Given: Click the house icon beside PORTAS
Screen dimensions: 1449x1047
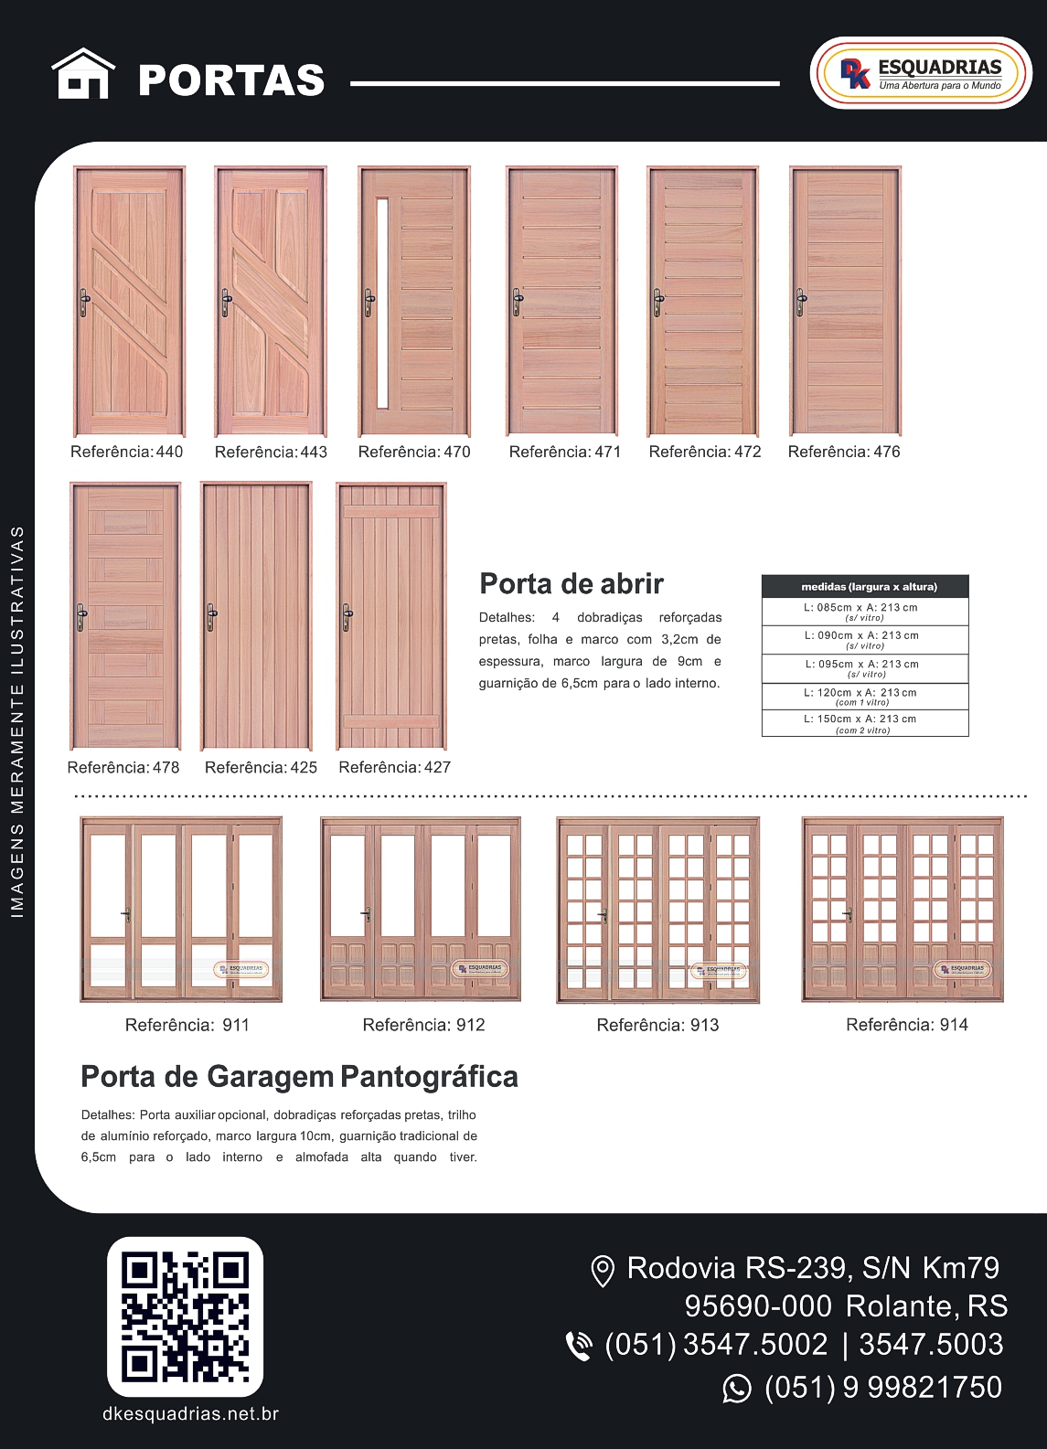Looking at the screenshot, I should pos(83,74).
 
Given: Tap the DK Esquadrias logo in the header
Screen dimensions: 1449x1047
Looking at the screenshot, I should pos(920,73).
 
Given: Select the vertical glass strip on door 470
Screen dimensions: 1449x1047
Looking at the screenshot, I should pos(382,302).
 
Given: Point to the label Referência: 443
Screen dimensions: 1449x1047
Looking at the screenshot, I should pos(271,452).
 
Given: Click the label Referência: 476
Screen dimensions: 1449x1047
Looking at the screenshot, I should pos(844,452).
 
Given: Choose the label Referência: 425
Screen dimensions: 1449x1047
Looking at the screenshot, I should pos(261,767).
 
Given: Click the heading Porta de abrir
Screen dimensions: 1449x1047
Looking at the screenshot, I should pos(572,583).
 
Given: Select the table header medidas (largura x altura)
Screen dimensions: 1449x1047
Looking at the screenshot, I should pos(869,587).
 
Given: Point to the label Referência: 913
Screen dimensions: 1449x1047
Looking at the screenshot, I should pos(657,1025).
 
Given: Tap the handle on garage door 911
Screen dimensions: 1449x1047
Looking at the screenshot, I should pos(126,914).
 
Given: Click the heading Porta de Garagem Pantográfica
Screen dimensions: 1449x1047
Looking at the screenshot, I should pos(299,1077).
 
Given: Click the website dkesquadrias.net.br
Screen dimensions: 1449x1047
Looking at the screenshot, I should pos(190,1414).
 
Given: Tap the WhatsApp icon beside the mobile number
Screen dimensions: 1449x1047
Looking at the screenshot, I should pos(737,1389).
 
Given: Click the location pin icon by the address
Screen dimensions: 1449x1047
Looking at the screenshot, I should pos(602,1271).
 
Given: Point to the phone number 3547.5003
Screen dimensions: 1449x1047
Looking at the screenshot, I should pos(931,1345).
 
